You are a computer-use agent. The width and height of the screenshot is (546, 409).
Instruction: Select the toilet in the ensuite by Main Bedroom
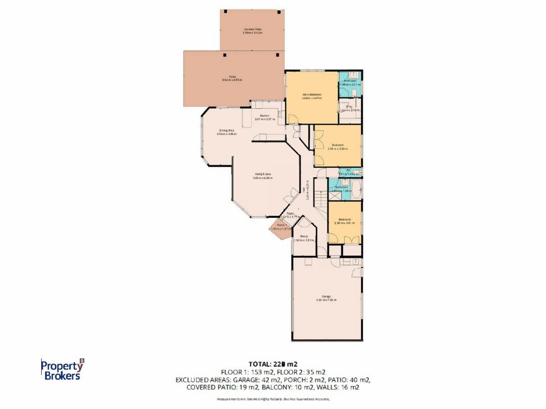[x=354, y=93]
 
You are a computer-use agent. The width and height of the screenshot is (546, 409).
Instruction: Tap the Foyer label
[x=290, y=214]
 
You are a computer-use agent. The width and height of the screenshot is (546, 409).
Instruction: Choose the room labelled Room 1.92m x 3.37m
[x=304, y=238]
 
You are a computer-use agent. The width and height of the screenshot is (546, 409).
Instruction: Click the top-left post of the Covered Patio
[x=225, y=12]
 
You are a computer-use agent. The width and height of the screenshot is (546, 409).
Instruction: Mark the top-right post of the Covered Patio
[x=279, y=12]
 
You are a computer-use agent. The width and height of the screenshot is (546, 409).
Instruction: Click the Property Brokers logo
[x=62, y=369]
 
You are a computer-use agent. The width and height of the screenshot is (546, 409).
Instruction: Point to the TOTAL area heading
[x=273, y=364]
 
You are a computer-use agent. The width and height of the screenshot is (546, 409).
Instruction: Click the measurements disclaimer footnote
[x=273, y=399]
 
